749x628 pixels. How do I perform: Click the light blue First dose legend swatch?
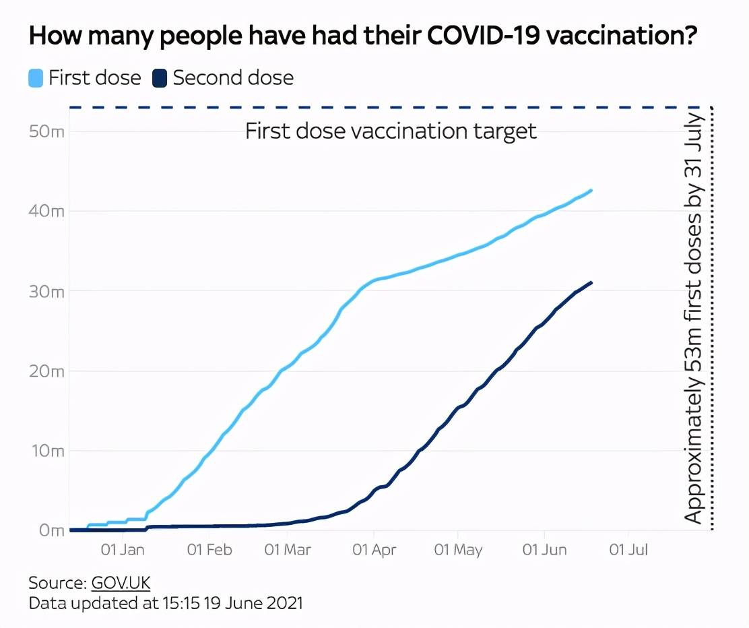pos(36,77)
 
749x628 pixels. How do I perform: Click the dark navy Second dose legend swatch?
pos(160,77)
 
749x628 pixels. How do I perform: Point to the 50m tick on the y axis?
pos(46,131)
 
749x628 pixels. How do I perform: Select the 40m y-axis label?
pos(46,211)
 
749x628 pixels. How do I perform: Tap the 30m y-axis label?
pos(46,291)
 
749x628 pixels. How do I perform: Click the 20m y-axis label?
pos(46,371)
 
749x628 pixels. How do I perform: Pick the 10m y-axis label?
pos(46,450)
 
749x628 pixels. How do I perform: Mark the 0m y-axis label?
pos(50,530)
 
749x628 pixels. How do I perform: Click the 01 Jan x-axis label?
pos(123,550)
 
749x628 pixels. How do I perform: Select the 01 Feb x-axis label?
pos(209,550)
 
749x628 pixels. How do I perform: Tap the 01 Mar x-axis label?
pos(288,550)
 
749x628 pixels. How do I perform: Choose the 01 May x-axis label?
pos(458,550)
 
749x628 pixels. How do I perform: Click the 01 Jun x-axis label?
pos(544,550)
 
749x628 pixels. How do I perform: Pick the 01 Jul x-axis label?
pos(628,550)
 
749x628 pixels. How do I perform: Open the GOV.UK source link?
pos(121,583)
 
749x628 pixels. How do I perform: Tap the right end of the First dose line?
pos(591,191)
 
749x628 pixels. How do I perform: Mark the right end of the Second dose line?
pos(591,283)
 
